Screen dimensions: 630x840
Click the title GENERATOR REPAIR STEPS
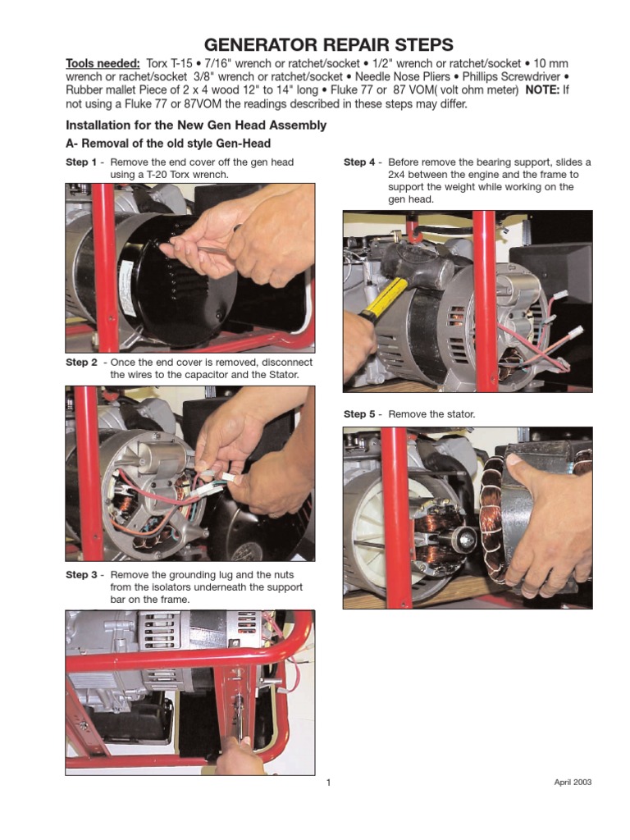(328, 44)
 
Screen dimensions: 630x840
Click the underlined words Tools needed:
(103, 64)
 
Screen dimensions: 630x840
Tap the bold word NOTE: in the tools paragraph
(542, 90)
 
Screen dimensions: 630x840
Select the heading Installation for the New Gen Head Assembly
(196, 126)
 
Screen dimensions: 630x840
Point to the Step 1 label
(81, 162)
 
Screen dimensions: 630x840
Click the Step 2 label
(81, 362)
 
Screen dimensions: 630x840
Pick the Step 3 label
(81, 575)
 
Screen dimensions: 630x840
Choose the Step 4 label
(359, 162)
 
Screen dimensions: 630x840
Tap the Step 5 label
(359, 414)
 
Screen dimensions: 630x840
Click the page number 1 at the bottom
(328, 783)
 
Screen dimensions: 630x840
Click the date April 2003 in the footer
(573, 782)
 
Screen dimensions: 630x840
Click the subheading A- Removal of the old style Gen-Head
(168, 144)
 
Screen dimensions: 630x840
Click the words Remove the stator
(431, 414)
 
